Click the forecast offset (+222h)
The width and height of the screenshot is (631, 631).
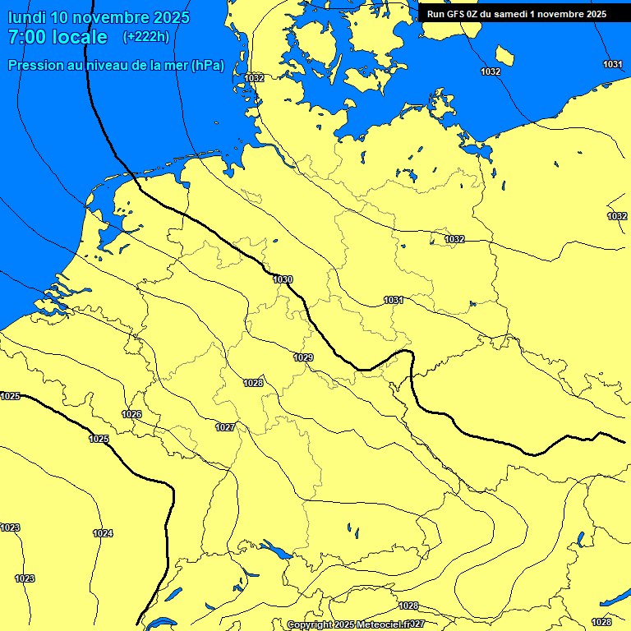point(145,37)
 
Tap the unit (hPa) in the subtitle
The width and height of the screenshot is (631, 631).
point(206,66)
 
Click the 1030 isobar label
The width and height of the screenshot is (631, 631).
point(283,279)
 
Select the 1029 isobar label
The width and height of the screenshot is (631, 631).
point(303,357)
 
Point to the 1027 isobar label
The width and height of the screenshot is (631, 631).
point(225,427)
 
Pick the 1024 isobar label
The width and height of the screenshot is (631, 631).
point(103,533)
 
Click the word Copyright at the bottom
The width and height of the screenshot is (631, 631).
point(311,625)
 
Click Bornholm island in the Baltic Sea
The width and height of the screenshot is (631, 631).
point(504,56)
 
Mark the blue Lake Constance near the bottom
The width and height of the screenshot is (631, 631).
point(275,550)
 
